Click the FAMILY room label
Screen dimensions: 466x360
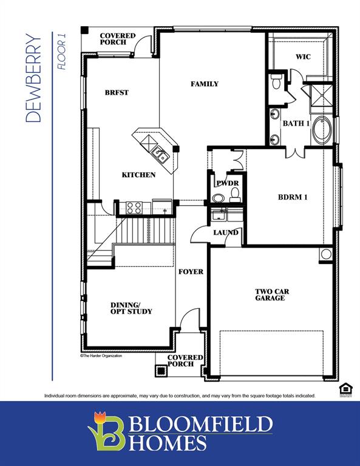click(204, 84)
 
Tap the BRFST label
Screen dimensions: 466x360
click(117, 93)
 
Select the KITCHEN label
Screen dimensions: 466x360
click(138, 175)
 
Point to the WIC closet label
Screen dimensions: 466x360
click(303, 57)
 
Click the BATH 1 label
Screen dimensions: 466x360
click(296, 124)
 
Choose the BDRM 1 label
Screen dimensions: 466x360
click(293, 197)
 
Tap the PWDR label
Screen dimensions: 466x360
click(227, 183)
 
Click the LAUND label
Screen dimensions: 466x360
click(225, 232)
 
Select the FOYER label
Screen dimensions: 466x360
click(191, 271)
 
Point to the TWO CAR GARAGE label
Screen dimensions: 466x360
click(271, 295)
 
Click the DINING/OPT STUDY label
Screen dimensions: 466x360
click(131, 308)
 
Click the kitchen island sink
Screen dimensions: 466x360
click(160, 155)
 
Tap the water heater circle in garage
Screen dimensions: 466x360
click(326, 255)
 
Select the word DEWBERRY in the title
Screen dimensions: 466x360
click(35, 79)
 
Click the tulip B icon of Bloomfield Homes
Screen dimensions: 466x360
click(107, 431)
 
